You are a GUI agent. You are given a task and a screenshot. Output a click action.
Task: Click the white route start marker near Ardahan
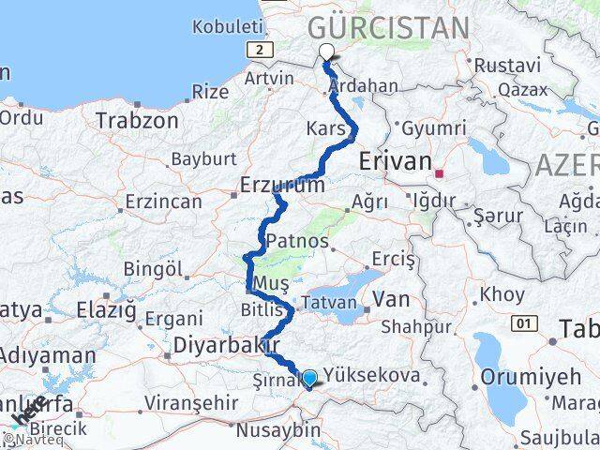pos(326,52)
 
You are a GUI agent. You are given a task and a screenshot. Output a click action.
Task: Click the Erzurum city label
pos(282,185)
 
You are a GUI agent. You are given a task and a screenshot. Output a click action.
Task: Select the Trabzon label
pos(137,121)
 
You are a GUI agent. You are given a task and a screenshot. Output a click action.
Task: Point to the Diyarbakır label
pos(214,346)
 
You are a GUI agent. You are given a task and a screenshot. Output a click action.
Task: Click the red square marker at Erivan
pos(438,173)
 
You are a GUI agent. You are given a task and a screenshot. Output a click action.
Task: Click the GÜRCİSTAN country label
pos(389,27)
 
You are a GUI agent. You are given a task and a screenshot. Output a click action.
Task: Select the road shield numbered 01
pos(522,323)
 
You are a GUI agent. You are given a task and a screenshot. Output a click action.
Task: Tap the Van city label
pos(390,299)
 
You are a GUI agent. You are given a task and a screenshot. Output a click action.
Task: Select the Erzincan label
pos(162,202)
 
